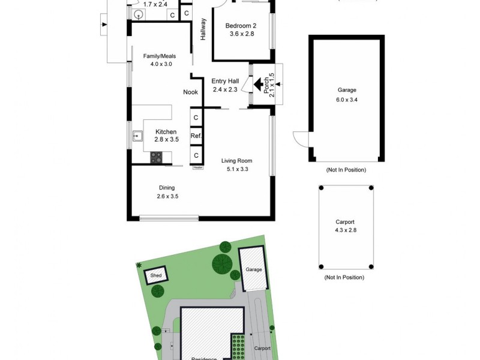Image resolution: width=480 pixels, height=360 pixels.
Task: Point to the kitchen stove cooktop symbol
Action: [156, 157]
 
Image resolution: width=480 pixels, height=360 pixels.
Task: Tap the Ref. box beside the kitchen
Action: [196, 136]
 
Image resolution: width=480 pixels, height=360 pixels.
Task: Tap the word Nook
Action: [191, 92]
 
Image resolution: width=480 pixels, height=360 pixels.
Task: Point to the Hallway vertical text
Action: [203, 29]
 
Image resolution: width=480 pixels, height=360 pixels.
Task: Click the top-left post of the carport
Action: [321, 188]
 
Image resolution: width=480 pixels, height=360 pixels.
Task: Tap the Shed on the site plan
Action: [156, 276]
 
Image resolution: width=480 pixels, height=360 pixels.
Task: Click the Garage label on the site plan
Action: [254, 270]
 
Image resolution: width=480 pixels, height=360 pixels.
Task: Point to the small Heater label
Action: [197, 168]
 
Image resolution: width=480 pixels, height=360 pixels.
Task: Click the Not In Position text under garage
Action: [346, 170]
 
